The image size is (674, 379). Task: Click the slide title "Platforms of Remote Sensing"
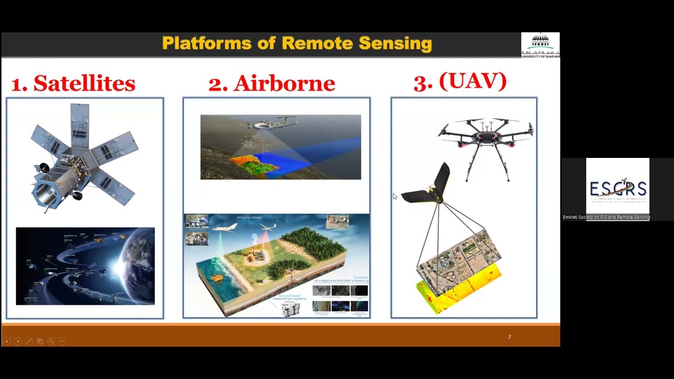[297, 43]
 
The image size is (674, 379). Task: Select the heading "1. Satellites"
[73, 83]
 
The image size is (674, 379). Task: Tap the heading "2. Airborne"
[272, 83]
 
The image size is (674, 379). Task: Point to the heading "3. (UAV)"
[460, 82]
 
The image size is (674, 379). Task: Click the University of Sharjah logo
[540, 45]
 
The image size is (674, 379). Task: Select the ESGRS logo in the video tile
[618, 189]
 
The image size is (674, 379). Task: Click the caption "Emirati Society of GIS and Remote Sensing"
[606, 217]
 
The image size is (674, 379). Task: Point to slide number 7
[509, 337]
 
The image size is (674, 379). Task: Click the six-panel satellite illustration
[82, 158]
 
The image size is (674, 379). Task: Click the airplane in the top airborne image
[266, 124]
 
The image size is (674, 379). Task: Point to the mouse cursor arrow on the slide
[394, 196]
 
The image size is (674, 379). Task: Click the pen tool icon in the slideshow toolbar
[28, 341]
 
